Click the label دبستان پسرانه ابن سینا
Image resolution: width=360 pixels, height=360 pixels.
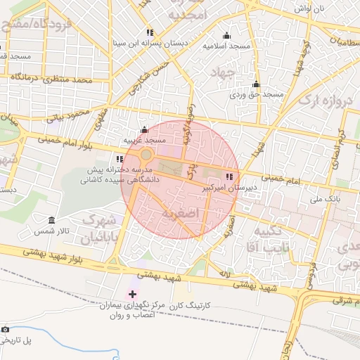tap(150, 44)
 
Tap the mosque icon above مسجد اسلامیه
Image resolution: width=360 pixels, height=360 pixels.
tap(226, 36)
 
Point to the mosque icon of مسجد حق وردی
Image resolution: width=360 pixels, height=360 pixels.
tap(256, 84)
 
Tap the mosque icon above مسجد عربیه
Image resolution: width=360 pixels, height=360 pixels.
tap(145, 129)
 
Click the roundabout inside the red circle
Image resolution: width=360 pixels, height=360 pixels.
tap(146, 155)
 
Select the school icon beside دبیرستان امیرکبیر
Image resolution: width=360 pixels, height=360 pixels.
tap(229, 176)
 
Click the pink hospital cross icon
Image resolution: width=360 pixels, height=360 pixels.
tap(132, 292)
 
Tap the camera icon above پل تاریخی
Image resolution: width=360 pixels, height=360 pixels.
tap(6, 329)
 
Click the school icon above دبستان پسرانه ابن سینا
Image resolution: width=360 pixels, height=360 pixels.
tap(150, 32)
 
